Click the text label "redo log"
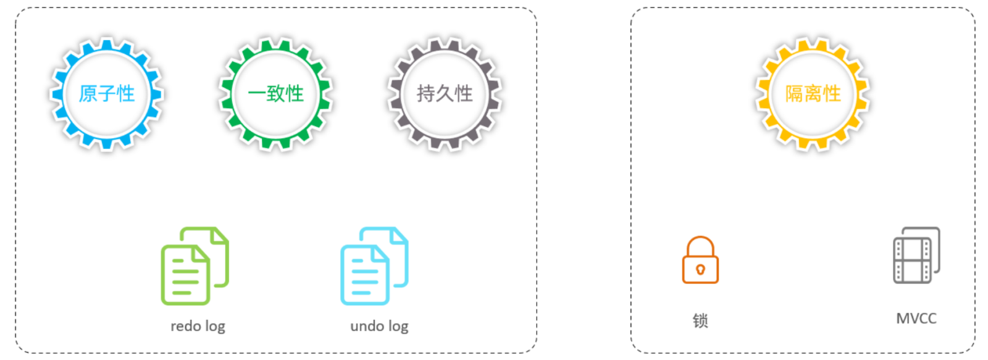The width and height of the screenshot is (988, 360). coord(198,327)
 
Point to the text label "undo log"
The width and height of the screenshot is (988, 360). coord(379,327)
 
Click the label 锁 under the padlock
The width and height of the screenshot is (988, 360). coord(700,320)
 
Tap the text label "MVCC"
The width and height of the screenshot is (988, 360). coord(916,319)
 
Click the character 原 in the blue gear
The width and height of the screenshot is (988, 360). coord(87,93)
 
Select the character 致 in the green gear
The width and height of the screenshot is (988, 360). coord(275,93)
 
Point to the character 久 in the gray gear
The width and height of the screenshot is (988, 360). coord(445,93)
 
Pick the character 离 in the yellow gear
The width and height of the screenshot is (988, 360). coord(813,93)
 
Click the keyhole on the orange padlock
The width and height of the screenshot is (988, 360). coord(700,270)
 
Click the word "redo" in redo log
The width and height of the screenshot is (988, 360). coord(186,326)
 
